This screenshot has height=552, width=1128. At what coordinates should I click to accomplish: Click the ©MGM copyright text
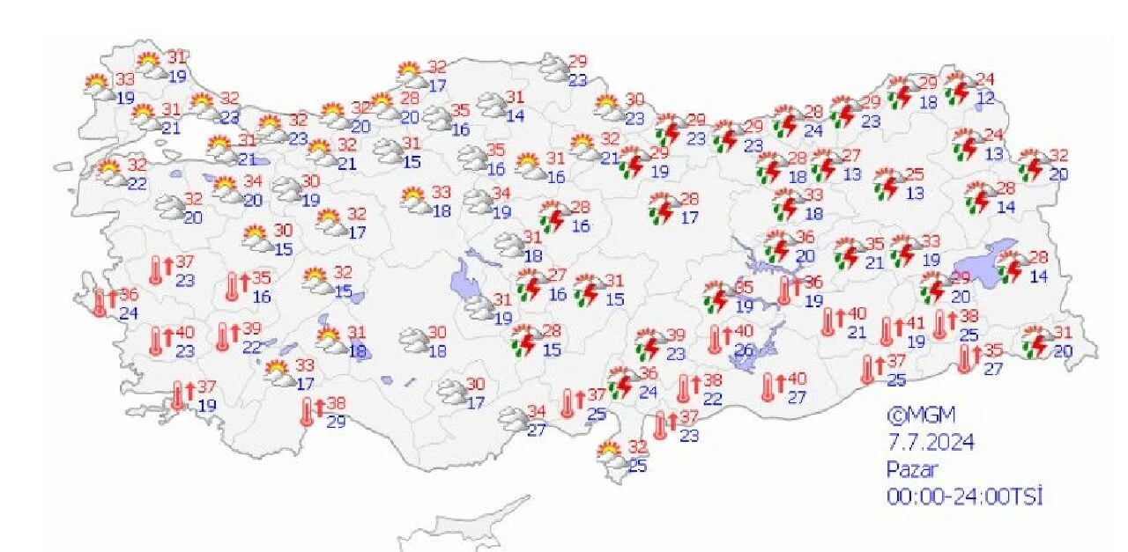tap(920, 414)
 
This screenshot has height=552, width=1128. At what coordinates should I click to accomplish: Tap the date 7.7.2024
tap(931, 441)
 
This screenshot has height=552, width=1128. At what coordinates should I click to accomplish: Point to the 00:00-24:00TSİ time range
tap(964, 497)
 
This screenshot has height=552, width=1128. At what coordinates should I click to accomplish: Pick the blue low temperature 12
tap(984, 99)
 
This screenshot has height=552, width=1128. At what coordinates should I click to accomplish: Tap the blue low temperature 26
tap(745, 350)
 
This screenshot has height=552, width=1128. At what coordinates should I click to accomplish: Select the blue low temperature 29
tap(335, 421)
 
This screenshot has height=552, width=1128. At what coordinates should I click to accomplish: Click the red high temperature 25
tap(915, 174)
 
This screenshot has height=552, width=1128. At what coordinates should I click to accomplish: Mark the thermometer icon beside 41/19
tap(887, 331)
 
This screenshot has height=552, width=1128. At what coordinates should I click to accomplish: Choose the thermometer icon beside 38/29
tap(308, 411)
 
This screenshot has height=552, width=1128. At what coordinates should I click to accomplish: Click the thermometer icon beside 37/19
tap(179, 395)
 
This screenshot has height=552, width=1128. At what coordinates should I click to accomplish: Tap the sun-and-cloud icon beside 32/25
tap(610, 455)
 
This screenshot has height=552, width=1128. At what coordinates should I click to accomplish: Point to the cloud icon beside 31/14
tap(491, 105)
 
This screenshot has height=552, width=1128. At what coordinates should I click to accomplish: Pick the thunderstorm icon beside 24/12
tap(958, 88)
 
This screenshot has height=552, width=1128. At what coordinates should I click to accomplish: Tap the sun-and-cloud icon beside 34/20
tap(226, 188)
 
